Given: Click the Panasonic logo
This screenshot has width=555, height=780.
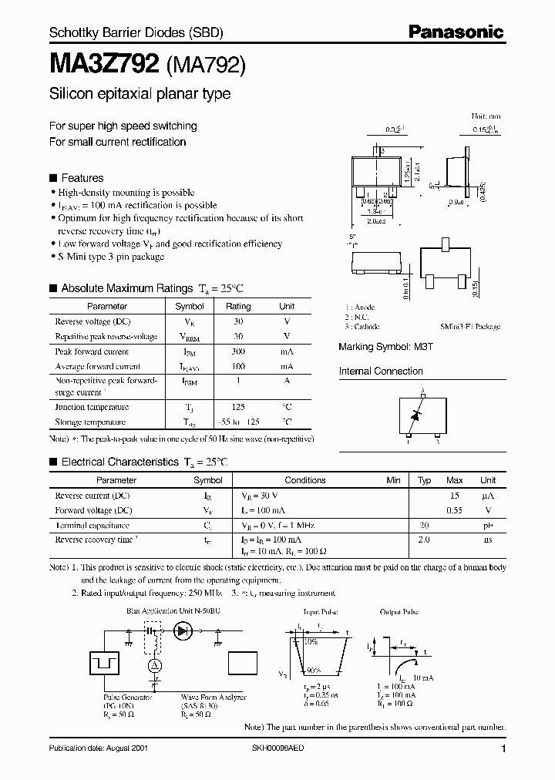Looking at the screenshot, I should point(456,32).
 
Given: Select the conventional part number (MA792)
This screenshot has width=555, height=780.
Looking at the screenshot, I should point(206,66).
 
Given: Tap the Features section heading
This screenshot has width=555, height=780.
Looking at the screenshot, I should point(82,177).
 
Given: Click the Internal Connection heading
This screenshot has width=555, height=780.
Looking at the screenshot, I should point(381,371).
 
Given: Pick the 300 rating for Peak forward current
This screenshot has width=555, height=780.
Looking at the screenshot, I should point(238,351).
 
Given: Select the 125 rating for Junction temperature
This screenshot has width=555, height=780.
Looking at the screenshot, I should point(238,406).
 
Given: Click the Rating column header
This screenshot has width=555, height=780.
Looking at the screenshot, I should point(238,306).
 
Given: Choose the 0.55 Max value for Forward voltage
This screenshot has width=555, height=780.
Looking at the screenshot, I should point(455,510).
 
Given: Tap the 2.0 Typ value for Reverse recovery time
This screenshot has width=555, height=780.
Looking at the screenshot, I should point(423,540).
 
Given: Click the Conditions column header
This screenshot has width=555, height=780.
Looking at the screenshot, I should point(305,480).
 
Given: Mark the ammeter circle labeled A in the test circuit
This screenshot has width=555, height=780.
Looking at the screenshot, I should point(153,665).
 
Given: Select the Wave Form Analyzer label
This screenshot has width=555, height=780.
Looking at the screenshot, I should point(214,696).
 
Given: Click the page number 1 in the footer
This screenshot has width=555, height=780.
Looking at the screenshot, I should point(503,749).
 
